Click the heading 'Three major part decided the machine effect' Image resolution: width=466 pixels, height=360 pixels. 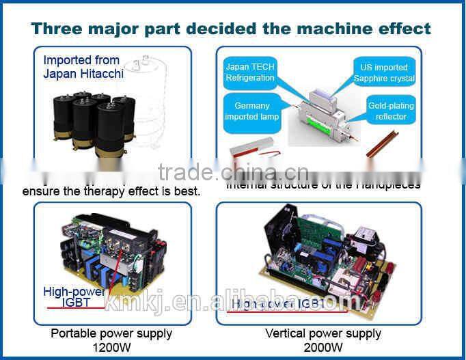pyautogui.click(x=231, y=29)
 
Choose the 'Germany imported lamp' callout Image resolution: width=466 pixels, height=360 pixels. pyautogui.click(x=251, y=111)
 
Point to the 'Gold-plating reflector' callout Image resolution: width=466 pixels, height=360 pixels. pyautogui.click(x=391, y=111)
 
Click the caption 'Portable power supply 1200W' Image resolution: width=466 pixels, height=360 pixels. pyautogui.click(x=111, y=340)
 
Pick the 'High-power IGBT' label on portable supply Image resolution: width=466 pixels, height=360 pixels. pyautogui.click(x=74, y=297)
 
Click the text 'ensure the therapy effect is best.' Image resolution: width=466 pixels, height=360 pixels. pyautogui.click(x=111, y=191)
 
